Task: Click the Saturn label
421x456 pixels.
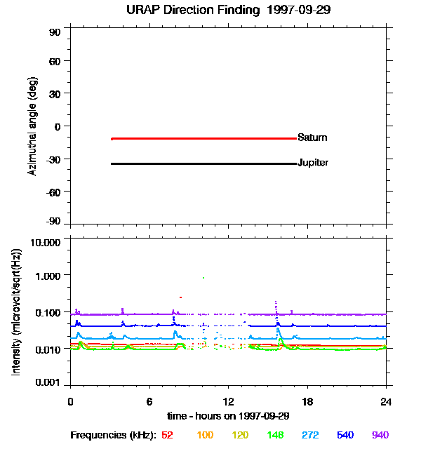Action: pyautogui.click(x=312, y=138)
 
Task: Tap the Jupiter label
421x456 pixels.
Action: pyautogui.click(x=313, y=163)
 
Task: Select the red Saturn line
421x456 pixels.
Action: pyautogui.click(x=203, y=139)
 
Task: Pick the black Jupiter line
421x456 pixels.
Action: pyautogui.click(x=203, y=164)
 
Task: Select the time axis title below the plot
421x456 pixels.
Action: pyautogui.click(x=228, y=415)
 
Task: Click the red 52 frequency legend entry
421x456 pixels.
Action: pyautogui.click(x=167, y=436)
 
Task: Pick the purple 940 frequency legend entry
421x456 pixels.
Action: pyautogui.click(x=380, y=436)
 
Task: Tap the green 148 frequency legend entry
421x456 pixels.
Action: pyautogui.click(x=274, y=436)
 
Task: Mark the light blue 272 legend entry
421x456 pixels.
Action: pyautogui.click(x=309, y=436)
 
